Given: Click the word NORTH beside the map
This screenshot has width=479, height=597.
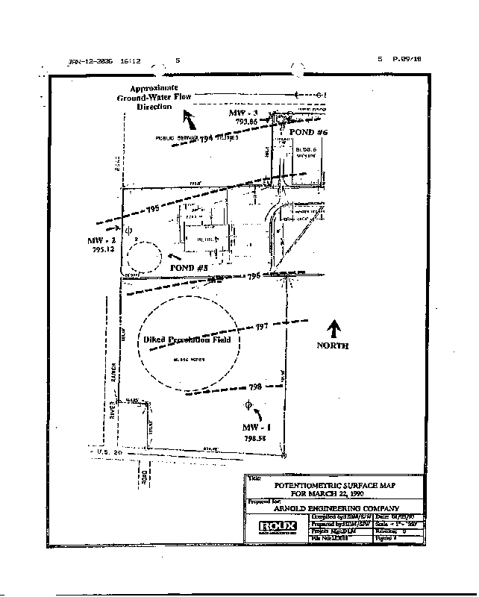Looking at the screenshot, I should coord(332,346).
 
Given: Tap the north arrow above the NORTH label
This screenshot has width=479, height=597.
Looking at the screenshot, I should coord(334,328).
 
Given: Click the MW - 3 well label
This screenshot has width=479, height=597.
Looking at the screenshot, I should coord(243,112).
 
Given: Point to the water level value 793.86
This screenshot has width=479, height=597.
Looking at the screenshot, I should coord(244,121).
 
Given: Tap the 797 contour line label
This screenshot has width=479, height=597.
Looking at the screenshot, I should coord(261,328).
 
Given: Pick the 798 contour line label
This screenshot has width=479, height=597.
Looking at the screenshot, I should coord(255,387).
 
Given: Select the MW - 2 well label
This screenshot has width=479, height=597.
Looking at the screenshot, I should coord(101,242).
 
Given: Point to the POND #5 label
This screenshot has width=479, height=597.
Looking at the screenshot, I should coord(188,267).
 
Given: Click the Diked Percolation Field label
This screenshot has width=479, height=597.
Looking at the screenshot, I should coord(182,340).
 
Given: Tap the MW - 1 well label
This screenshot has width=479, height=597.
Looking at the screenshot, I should coord(254,426).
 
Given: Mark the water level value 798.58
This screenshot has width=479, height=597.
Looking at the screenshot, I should coord(254,438).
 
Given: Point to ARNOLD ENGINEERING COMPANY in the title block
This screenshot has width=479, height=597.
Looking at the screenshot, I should coord(331,507).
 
